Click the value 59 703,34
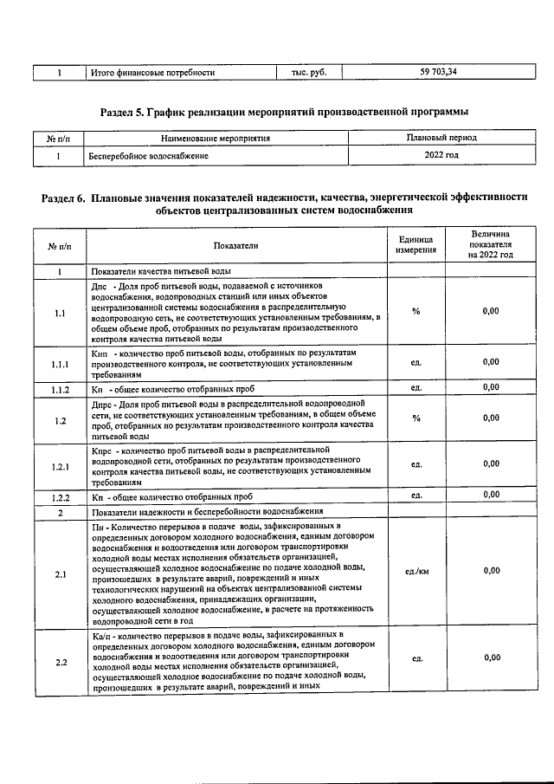pyautogui.click(x=438, y=73)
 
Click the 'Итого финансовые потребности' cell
pyautogui.click(x=152, y=73)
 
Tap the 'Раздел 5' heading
pyautogui.click(x=284, y=112)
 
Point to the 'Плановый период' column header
pyautogui.click(x=441, y=138)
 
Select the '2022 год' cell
pyautogui.click(x=441, y=156)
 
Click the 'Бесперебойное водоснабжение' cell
pyautogui.click(x=148, y=157)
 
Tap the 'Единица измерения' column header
pyautogui.click(x=416, y=246)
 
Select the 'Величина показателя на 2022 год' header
pyautogui.click(x=491, y=245)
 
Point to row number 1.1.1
pyautogui.click(x=59, y=362)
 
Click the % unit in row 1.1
pyautogui.click(x=416, y=311)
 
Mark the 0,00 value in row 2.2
pyautogui.click(x=491, y=658)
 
